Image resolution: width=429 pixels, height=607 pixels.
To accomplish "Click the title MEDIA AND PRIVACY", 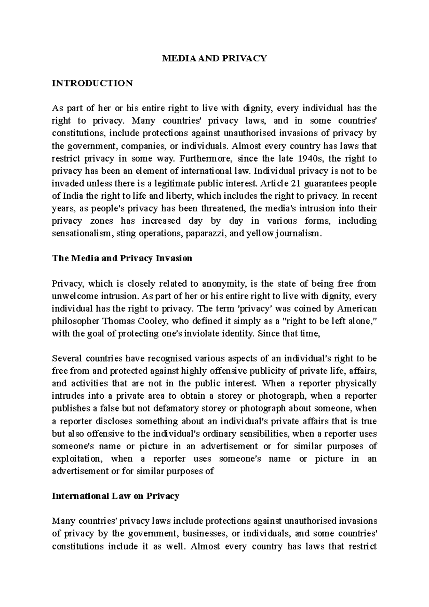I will [214, 58].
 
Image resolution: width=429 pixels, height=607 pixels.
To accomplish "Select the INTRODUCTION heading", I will [92, 83].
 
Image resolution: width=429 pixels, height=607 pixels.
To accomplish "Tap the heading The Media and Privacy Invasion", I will [122, 258].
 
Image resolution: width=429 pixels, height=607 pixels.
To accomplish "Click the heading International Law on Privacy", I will [115, 496].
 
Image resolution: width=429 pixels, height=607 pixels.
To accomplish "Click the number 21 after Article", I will [293, 183].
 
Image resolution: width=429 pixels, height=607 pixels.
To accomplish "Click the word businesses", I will [204, 534].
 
